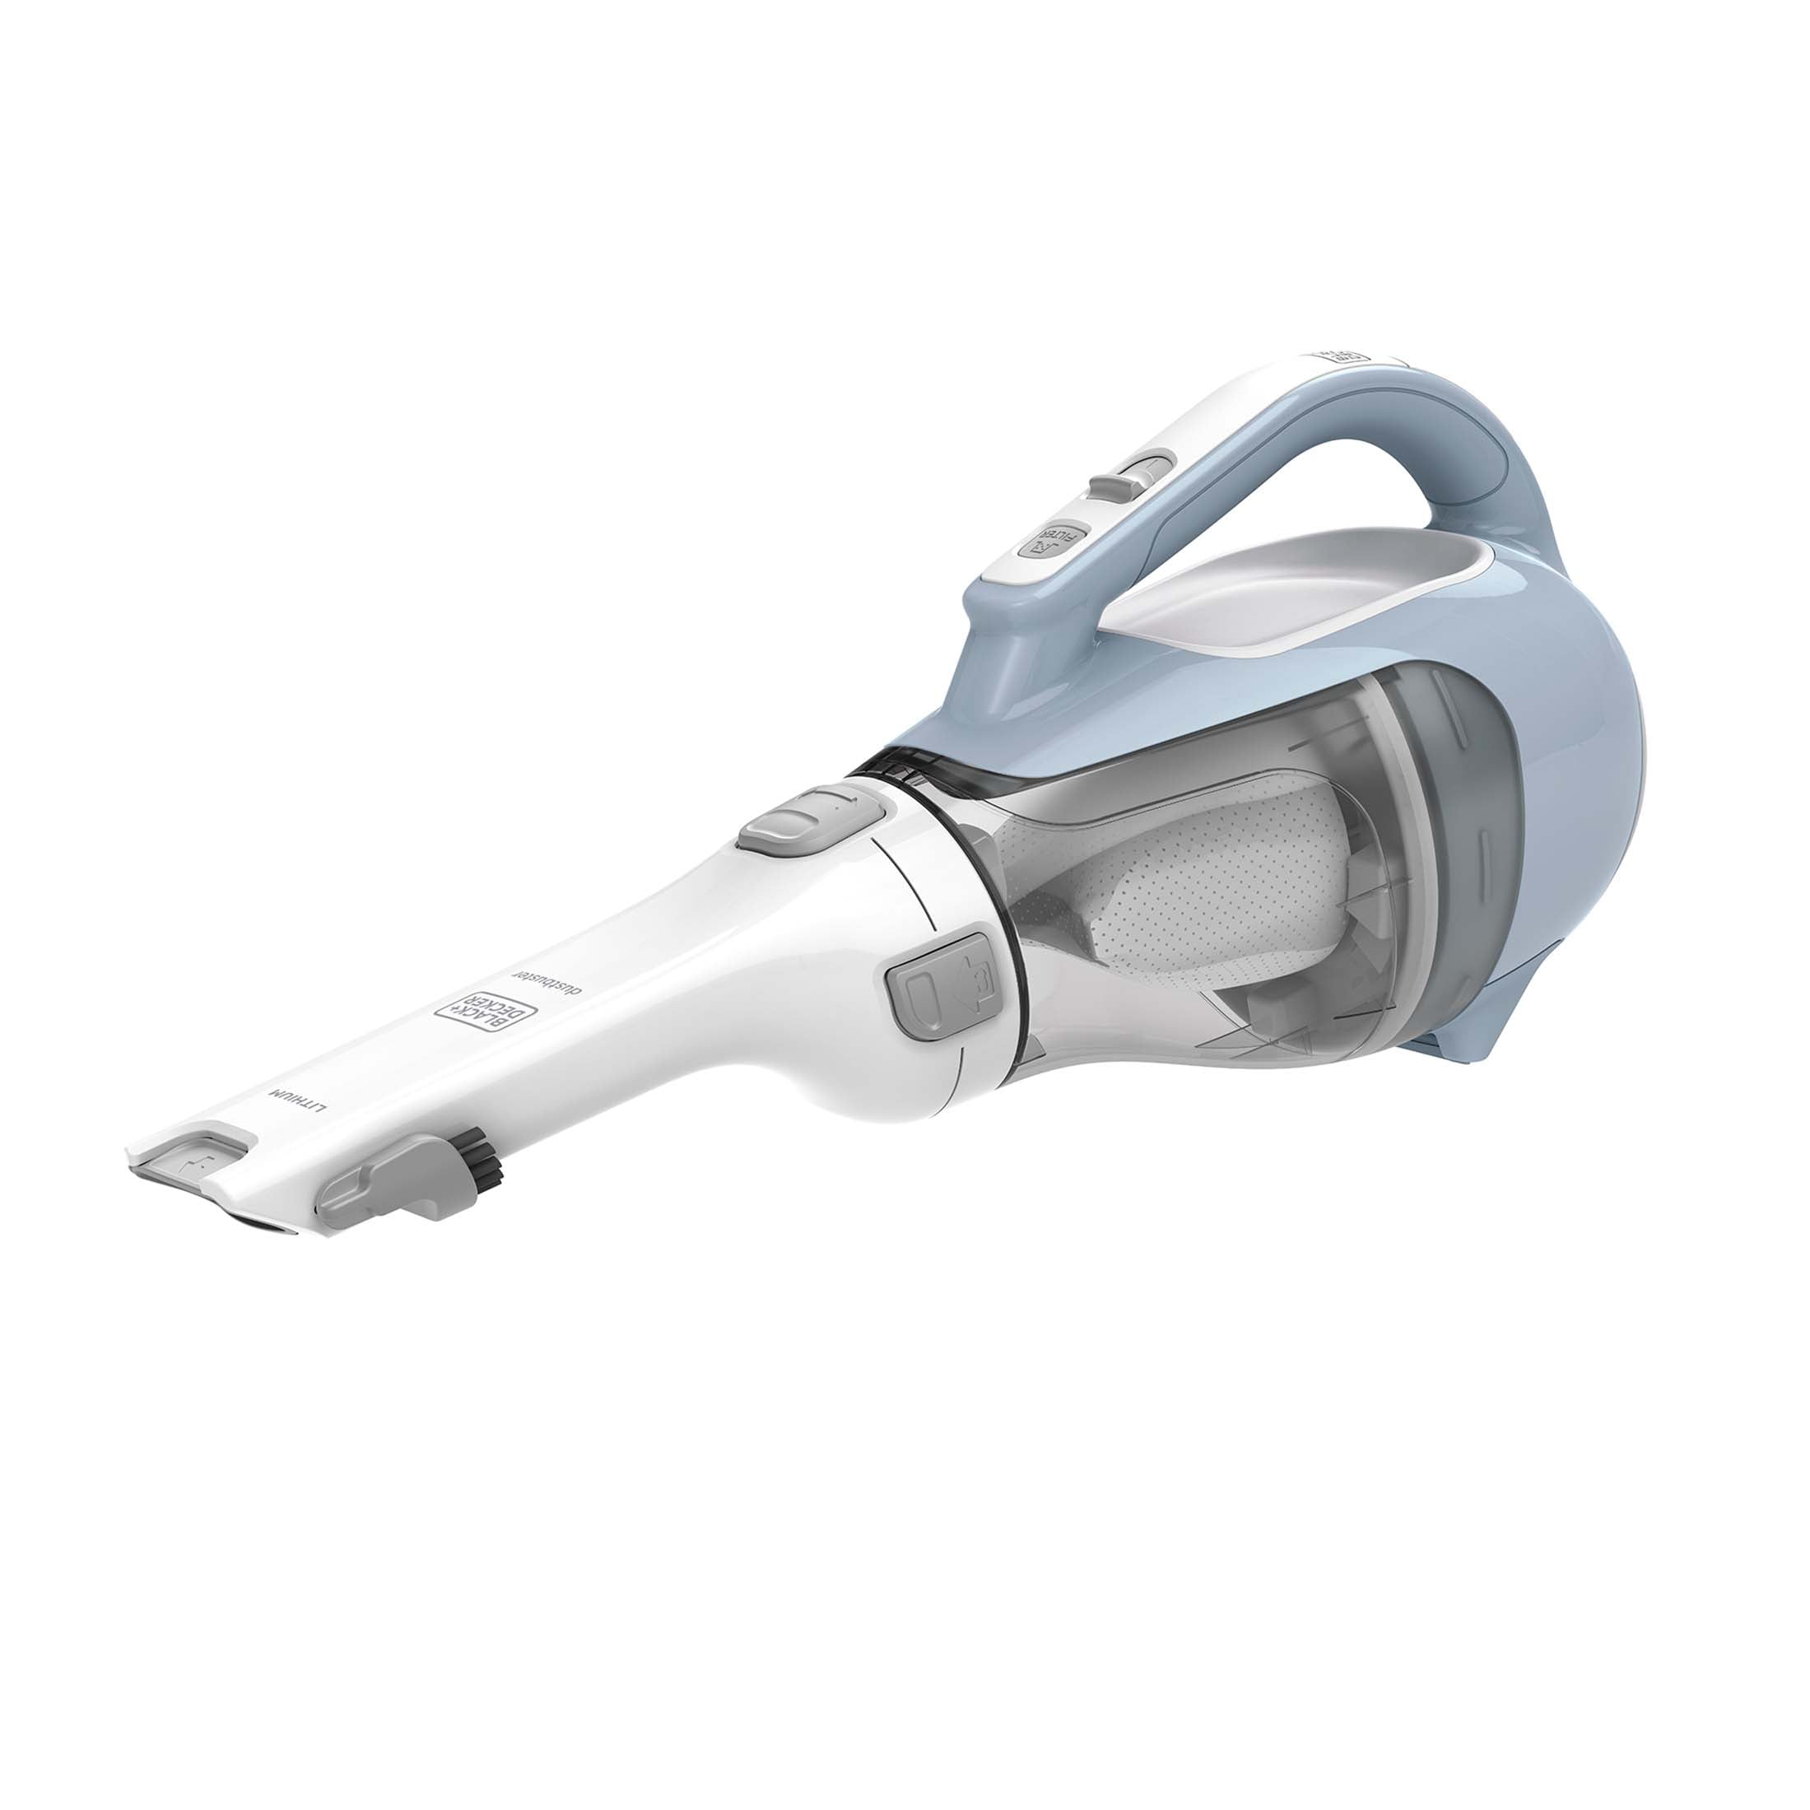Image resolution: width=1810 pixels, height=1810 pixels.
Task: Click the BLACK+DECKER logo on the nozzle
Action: pyautogui.click(x=487, y=1012)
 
